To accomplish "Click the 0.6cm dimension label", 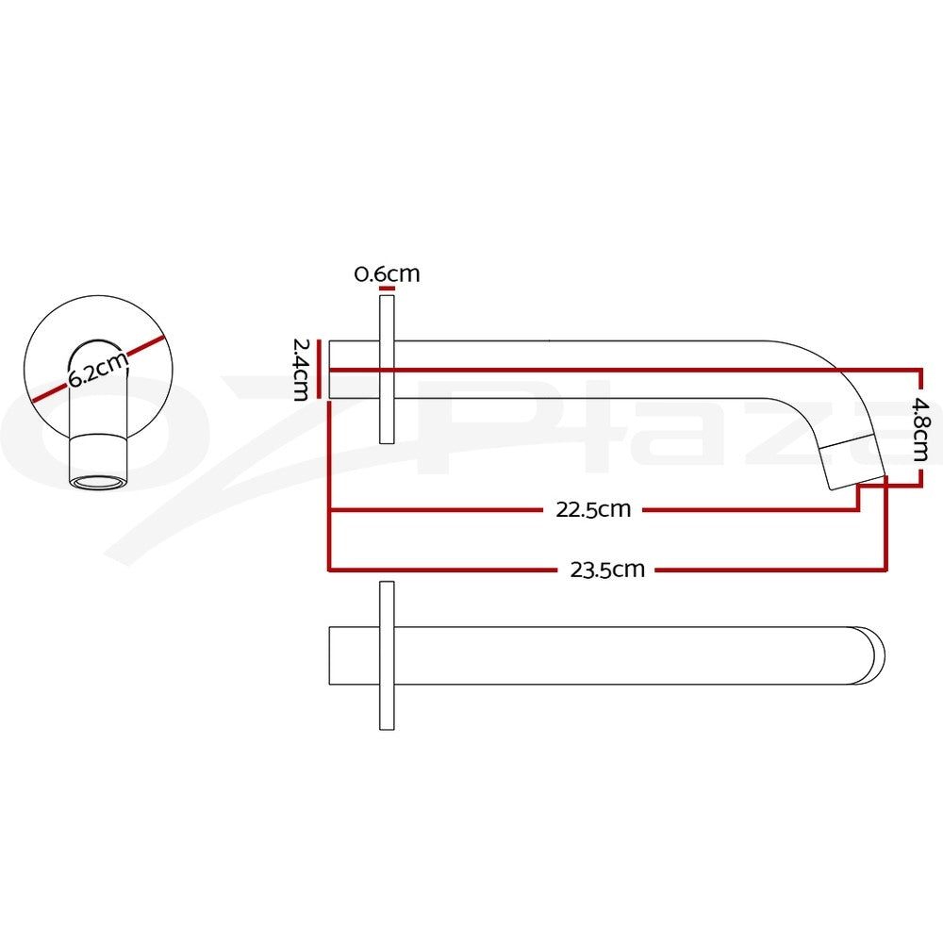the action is (387, 274).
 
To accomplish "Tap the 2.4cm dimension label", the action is (300, 370).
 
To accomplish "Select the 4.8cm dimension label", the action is (920, 428).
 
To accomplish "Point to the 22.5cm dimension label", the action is (593, 510).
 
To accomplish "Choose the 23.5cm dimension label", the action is (607, 570).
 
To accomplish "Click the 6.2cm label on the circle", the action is (98, 370).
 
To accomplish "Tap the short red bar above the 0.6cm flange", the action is (388, 288).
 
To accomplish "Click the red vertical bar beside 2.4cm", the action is (319, 369).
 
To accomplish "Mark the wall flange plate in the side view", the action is (388, 370).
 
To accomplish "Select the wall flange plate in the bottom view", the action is (388, 655).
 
